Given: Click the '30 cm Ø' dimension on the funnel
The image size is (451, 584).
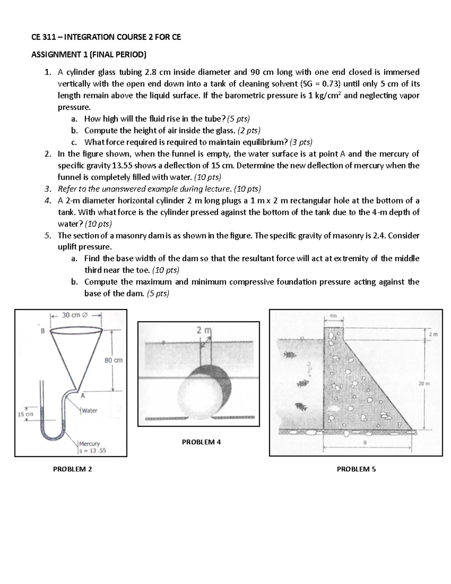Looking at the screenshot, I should (x=74, y=315).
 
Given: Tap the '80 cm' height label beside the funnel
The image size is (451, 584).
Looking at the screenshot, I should (x=114, y=360).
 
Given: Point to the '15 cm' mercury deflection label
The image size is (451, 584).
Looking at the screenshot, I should (x=26, y=414).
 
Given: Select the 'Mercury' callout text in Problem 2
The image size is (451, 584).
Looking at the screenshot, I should (x=89, y=444).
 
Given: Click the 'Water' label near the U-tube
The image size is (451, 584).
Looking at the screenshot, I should (x=89, y=411).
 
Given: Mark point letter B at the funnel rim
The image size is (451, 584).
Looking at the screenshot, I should (x=42, y=331).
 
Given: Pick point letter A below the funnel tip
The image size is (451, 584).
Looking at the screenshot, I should (x=83, y=396).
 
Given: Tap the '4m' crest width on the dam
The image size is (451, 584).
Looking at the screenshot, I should (x=333, y=316).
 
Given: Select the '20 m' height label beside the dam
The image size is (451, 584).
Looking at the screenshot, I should (x=424, y=384).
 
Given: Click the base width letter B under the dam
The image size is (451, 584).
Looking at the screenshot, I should (x=364, y=442).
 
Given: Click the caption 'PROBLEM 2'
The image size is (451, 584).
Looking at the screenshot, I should (x=73, y=469).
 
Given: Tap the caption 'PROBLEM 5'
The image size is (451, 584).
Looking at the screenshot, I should (x=356, y=469).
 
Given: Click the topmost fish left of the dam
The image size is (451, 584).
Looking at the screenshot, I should (x=288, y=355).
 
